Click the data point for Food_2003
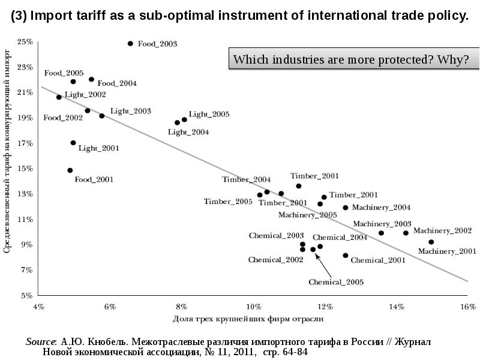click(130, 44)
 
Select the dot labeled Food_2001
click(70, 170)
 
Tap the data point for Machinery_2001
click(431, 242)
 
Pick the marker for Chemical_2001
click(346, 256)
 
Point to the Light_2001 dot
click(73, 143)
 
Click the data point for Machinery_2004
click(346, 208)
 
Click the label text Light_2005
click(209, 114)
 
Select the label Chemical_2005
click(336, 281)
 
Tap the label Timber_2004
click(246, 179)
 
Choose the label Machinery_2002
click(442, 230)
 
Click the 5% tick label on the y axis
click(27, 295)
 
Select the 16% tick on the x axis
click(467, 307)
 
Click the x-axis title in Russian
click(248, 319)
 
